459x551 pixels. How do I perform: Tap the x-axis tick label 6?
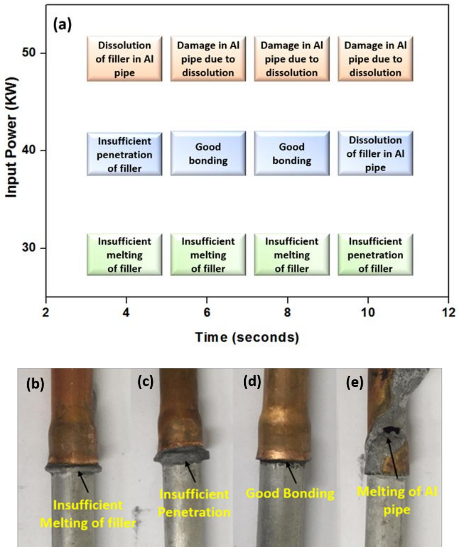tap(207, 312)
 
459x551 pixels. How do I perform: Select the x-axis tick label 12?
tap(448, 312)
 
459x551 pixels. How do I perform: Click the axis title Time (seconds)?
tap(247, 337)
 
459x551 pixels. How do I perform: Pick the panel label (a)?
tap(62, 26)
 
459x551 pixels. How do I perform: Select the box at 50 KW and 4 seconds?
tap(125, 59)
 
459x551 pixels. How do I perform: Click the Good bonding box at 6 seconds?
tap(208, 154)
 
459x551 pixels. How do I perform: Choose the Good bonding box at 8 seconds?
tap(292, 154)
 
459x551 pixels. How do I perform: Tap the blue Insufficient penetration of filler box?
tap(125, 154)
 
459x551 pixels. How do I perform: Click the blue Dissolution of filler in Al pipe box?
tap(375, 154)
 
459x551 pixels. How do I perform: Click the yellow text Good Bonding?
tap(290, 493)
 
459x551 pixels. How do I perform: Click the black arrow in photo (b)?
tap(83, 481)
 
